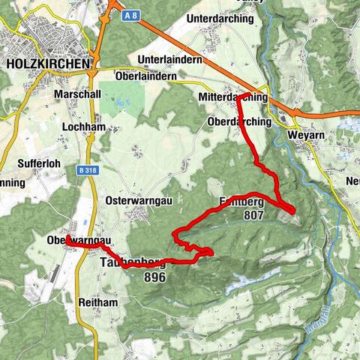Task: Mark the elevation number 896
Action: pos(152,277)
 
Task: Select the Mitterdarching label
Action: pos(233,97)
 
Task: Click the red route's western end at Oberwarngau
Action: pos(67,238)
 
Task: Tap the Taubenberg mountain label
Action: pos(131,263)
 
